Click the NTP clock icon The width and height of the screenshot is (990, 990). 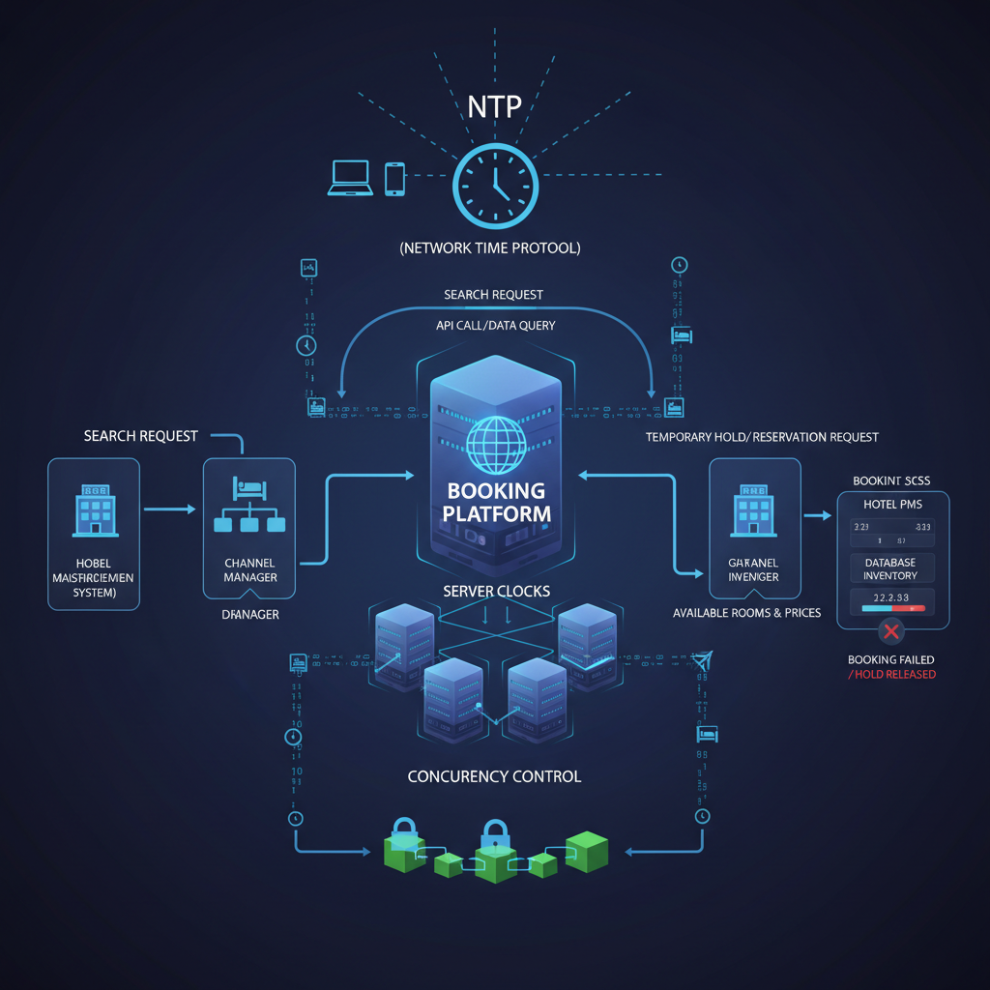pyautogui.click(x=495, y=187)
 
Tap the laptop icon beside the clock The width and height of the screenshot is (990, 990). pyautogui.click(x=349, y=179)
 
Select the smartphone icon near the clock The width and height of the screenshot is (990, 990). pyautogui.click(x=394, y=179)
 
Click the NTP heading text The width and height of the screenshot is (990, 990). pyautogui.click(x=495, y=105)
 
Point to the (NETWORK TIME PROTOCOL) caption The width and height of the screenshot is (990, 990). pyautogui.click(x=490, y=248)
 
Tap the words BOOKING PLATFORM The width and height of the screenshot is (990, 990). pyautogui.click(x=496, y=502)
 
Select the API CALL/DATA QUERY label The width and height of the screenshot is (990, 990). pyautogui.click(x=496, y=326)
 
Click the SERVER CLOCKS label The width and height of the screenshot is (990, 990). pyautogui.click(x=496, y=591)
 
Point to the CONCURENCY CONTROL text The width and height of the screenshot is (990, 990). pyautogui.click(x=494, y=776)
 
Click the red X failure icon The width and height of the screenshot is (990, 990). pyautogui.click(x=890, y=632)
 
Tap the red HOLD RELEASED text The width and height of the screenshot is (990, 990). pyautogui.click(x=891, y=674)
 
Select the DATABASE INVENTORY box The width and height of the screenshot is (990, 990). pyautogui.click(x=890, y=568)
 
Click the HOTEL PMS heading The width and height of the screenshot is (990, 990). pyautogui.click(x=891, y=504)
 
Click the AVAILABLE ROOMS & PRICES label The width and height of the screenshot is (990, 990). pyautogui.click(x=746, y=613)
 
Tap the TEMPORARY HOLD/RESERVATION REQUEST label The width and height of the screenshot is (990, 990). pyautogui.click(x=762, y=437)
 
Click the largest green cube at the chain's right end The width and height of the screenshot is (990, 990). pyautogui.click(x=586, y=851)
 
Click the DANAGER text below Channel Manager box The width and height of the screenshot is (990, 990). pyautogui.click(x=249, y=613)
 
